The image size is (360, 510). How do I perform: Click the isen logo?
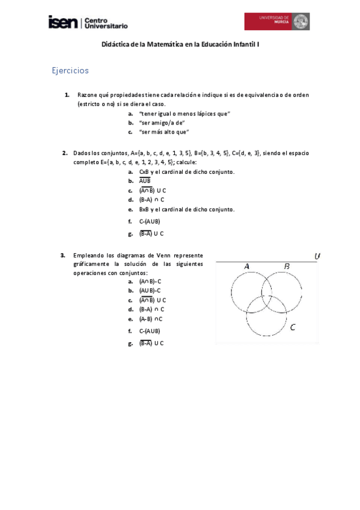point(63,22)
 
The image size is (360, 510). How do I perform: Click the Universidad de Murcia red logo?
point(276,22)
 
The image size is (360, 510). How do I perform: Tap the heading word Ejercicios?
point(70,70)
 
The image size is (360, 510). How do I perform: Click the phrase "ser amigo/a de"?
point(162,123)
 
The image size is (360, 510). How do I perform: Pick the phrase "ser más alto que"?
point(163,132)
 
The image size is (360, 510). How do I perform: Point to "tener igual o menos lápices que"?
point(185,114)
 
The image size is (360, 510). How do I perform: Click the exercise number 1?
point(67,95)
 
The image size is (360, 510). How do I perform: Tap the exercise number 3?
point(63,255)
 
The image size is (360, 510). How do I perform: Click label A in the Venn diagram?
point(246,266)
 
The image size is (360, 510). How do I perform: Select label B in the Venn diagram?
point(287,266)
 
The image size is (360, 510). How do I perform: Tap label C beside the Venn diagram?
point(293,328)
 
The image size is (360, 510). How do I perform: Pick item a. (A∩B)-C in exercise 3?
point(150,281)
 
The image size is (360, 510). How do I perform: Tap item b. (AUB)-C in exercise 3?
point(150,290)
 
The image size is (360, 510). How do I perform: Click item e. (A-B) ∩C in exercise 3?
point(151,319)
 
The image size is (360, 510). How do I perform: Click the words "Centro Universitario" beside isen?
point(106,23)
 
